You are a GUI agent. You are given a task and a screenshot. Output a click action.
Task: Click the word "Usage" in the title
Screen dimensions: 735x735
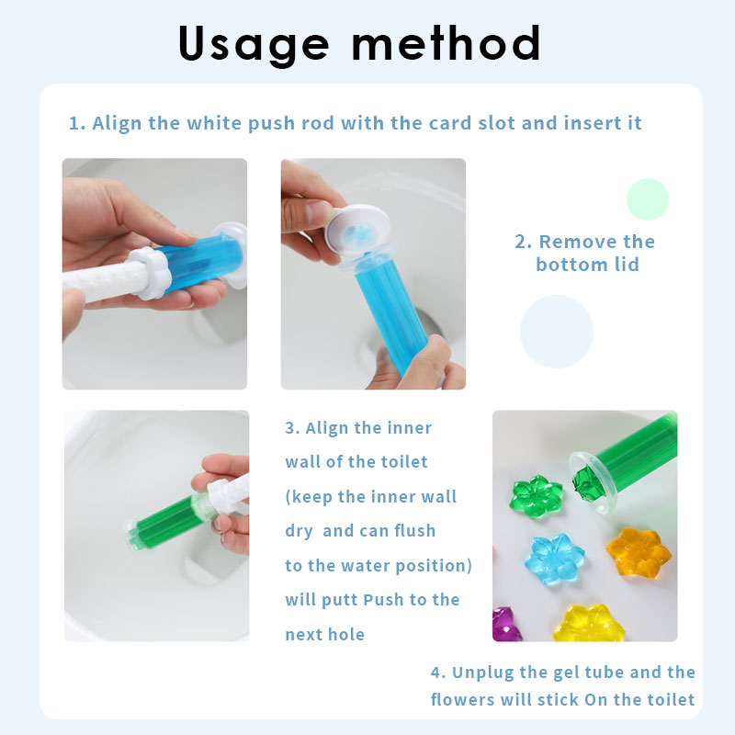coord(254,44)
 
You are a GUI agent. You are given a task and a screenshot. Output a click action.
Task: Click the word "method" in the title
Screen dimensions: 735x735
coord(447,42)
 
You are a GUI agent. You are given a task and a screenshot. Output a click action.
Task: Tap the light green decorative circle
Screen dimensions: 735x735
coord(648,199)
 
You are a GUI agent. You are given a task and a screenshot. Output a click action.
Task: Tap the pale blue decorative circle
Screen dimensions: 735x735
coord(557,332)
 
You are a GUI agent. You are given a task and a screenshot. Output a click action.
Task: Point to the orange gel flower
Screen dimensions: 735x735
coord(638,552)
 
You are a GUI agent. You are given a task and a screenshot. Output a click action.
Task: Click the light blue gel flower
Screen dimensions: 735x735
coord(555,559)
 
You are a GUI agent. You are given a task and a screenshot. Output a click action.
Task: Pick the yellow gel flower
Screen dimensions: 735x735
coord(588,624)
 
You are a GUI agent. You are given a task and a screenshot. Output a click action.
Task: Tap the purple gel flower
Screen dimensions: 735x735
coord(503,625)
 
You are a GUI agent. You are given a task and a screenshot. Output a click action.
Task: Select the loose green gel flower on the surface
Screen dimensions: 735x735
coord(536,496)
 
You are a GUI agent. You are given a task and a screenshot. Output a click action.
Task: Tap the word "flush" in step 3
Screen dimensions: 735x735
coord(414,531)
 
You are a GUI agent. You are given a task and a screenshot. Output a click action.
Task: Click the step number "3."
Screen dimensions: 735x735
coord(292,428)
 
